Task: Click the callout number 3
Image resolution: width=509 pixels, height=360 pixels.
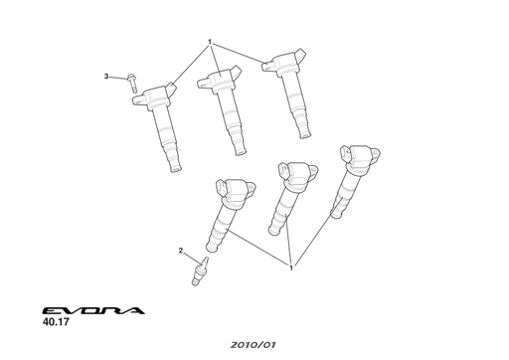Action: coord(106,76)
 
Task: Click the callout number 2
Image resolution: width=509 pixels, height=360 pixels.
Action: coord(181,250)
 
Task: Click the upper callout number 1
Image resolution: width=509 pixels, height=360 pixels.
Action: coord(210,42)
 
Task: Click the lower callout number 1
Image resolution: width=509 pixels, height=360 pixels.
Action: coord(290,267)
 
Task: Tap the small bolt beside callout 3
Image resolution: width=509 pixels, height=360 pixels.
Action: coord(133,83)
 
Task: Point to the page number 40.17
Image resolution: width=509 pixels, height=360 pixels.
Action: coord(56,322)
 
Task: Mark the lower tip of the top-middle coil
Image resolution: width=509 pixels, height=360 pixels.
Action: coord(240,151)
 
